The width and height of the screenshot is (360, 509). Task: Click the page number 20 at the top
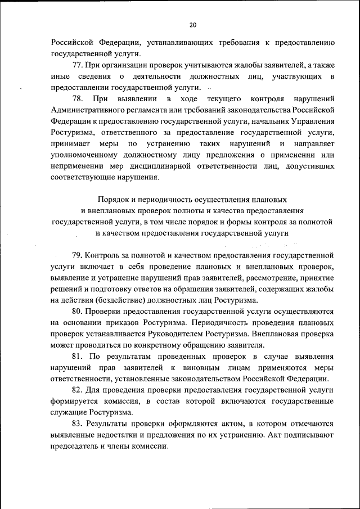pyautogui.click(x=193, y=25)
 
